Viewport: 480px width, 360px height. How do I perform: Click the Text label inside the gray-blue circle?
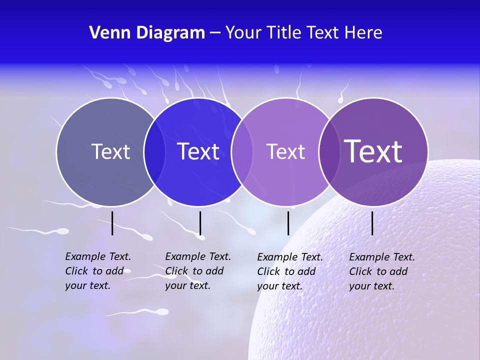click(x=110, y=151)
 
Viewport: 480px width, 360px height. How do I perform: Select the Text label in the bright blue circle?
click(x=198, y=151)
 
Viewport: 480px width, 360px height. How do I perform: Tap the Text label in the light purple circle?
click(x=285, y=151)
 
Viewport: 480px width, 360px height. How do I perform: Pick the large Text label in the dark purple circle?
click(x=373, y=151)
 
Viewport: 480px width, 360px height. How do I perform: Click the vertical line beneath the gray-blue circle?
click(x=112, y=223)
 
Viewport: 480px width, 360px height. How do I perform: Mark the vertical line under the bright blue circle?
click(x=200, y=223)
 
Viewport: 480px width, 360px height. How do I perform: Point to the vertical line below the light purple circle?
click(x=288, y=223)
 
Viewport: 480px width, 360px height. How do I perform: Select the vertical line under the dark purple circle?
click(x=372, y=223)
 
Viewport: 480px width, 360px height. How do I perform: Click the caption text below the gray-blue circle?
click(x=98, y=271)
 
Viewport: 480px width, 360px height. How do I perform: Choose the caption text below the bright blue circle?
click(x=198, y=271)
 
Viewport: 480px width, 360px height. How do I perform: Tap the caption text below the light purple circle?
click(x=290, y=271)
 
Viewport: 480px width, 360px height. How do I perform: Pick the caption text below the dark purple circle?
click(x=382, y=271)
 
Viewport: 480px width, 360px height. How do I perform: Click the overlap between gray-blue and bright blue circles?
click(x=154, y=151)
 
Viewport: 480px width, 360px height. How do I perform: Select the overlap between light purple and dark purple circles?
click(x=329, y=151)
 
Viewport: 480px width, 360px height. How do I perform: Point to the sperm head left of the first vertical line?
click(x=63, y=231)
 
